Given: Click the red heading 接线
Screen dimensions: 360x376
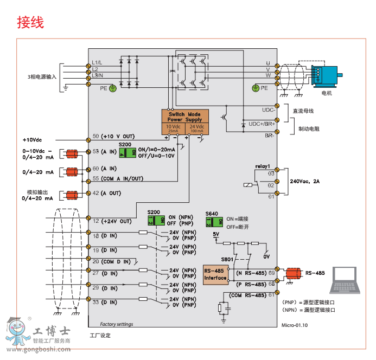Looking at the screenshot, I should (30, 22).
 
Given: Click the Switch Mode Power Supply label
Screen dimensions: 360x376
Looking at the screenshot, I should (184, 117).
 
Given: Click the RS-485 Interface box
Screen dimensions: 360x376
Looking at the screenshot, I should (215, 274).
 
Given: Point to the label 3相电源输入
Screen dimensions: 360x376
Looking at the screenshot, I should (42, 77).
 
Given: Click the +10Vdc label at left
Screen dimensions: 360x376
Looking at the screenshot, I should (32, 139).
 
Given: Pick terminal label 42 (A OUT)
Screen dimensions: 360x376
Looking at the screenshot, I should (109, 193).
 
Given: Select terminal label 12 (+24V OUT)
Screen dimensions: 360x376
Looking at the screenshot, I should (112, 221).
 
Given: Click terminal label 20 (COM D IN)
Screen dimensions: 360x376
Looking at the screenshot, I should (111, 262).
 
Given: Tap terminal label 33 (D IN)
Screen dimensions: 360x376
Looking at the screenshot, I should (105, 301).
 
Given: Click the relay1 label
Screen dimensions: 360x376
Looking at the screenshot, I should (263, 165).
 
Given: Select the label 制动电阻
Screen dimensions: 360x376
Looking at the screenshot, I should (309, 129).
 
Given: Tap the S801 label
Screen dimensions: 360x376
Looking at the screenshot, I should (227, 260).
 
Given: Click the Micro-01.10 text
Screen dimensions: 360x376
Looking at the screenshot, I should (295, 325).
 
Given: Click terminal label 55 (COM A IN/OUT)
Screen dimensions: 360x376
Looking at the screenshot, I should (118, 178).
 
